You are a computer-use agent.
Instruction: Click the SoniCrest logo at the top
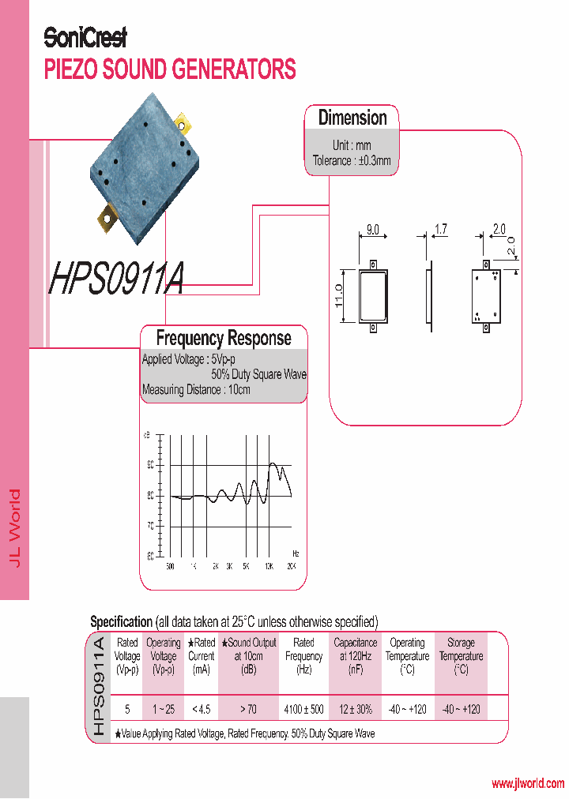85,37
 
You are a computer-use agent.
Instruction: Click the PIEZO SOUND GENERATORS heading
170,69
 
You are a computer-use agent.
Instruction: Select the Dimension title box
352,118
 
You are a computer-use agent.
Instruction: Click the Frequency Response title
224,339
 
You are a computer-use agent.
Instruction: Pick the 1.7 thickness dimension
441,230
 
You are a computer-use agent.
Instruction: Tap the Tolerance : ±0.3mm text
352,160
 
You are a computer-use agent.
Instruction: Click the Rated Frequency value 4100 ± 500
303,709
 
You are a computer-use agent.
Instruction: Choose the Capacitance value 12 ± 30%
356,709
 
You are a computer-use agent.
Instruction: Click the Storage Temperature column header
461,656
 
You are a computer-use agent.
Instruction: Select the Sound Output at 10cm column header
252,656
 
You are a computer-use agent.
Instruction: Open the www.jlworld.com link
527,784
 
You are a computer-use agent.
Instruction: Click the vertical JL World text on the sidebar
14,527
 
